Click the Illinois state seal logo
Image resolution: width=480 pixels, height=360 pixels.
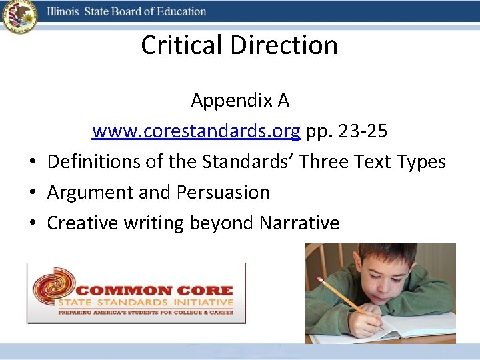[19, 17]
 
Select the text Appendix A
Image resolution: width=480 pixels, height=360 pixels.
[240, 101]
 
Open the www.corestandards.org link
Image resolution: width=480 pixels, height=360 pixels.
[196, 131]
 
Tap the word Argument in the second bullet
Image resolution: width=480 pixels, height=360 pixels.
[90, 193]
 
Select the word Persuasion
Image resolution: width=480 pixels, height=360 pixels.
[223, 193]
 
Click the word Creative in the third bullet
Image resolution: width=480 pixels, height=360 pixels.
[82, 223]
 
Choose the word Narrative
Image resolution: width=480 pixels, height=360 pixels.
[299, 223]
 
